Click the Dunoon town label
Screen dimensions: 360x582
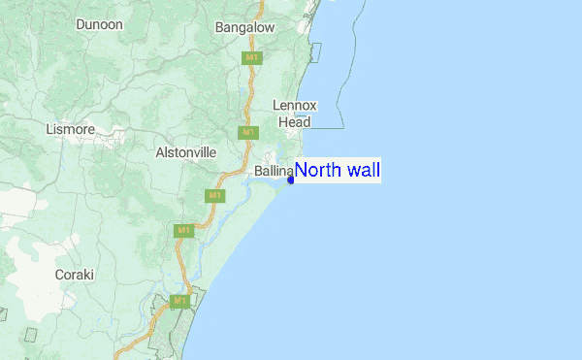click(99, 23)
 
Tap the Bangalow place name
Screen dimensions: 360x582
click(245, 28)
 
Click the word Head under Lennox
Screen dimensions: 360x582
click(295, 122)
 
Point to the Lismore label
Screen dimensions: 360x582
click(70, 128)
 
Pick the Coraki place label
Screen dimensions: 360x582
click(75, 275)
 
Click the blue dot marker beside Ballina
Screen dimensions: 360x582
click(291, 180)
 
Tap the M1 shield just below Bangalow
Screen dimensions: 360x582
click(251, 58)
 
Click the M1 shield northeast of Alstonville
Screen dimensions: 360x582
click(248, 132)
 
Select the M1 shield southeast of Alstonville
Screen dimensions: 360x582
click(214, 196)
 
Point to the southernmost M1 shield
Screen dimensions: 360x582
click(179, 302)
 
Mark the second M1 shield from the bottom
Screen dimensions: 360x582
click(183, 231)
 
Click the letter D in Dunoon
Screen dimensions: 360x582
click(80, 23)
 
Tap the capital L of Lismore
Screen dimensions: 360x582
click(48, 128)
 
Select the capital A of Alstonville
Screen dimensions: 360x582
click(160, 152)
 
